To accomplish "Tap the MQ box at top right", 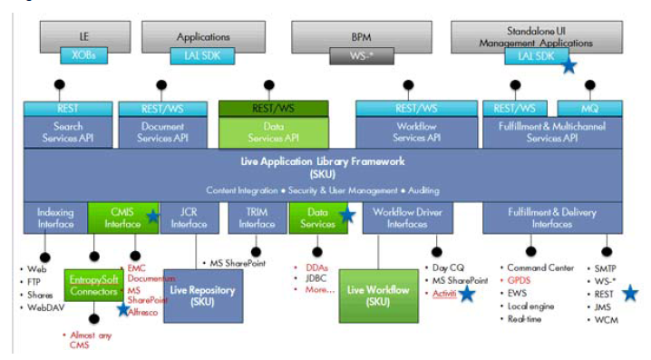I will (595, 108).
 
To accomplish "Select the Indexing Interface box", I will (55, 218).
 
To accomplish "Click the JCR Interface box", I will (189, 218).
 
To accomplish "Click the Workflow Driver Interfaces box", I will (407, 218).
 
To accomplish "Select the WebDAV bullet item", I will (40, 307).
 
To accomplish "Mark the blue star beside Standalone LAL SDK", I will (568, 64).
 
